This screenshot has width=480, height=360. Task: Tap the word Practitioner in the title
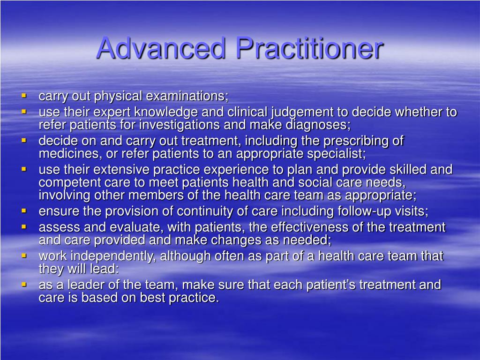(x=309, y=48)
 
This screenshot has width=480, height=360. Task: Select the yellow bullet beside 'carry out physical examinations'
(x=23, y=96)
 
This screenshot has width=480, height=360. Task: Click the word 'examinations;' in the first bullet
(x=187, y=97)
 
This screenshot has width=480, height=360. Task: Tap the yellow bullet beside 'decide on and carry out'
(x=23, y=140)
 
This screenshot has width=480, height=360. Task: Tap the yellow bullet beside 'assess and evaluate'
(x=23, y=227)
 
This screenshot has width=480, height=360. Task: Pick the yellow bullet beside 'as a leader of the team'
(x=23, y=284)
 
